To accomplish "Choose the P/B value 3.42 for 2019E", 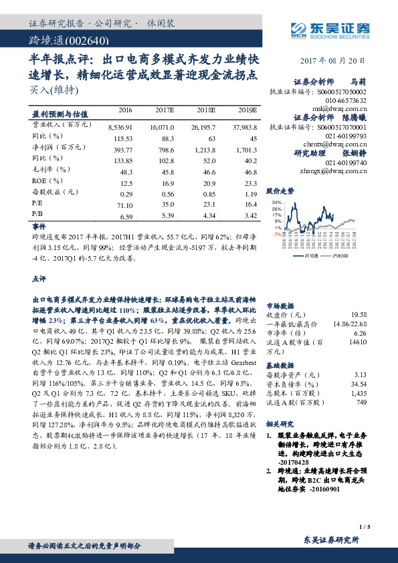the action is click(251, 216).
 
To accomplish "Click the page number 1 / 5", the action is click(364, 526).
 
